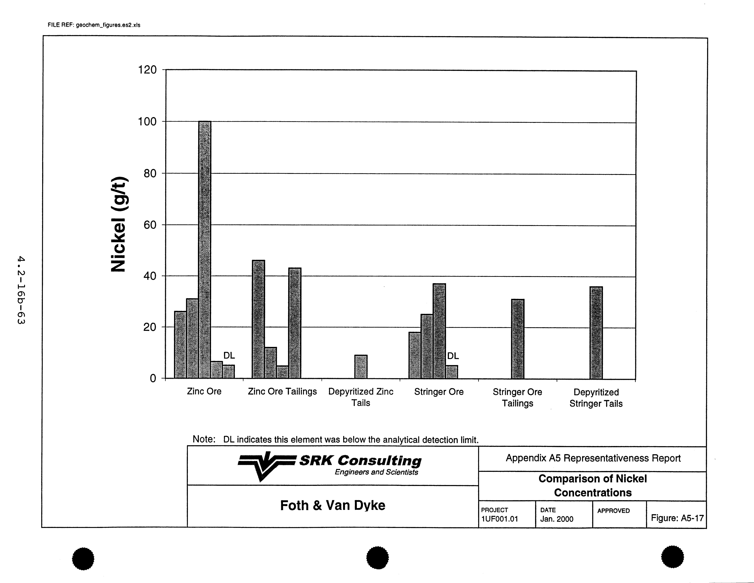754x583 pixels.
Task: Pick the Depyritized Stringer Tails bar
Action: point(596,333)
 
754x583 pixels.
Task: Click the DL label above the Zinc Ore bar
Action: point(229,355)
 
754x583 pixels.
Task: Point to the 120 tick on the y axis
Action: point(147,70)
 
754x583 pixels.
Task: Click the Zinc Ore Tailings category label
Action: point(282,392)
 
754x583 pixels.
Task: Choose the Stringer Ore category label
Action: point(439,392)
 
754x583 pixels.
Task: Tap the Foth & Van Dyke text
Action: point(332,505)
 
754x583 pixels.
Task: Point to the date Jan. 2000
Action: point(557,519)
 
